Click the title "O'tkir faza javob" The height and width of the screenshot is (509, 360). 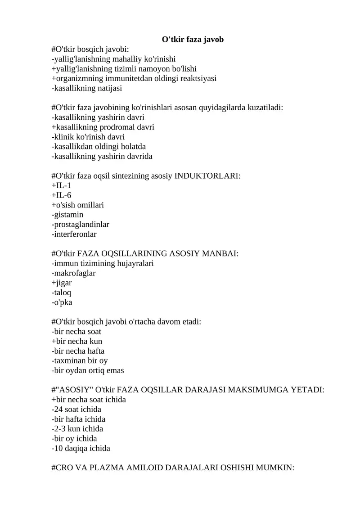[x=193, y=40]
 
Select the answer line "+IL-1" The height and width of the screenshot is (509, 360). [x=61, y=185]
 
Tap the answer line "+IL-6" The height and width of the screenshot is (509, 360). [x=62, y=195]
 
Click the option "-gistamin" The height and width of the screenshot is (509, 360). [x=67, y=215]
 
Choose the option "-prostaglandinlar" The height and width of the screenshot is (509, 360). [x=81, y=224]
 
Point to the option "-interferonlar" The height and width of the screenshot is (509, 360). [x=74, y=234]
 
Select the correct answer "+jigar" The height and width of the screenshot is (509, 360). [x=62, y=283]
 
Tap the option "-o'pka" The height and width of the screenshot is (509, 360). [x=62, y=302]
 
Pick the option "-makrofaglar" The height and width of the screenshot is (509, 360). [x=74, y=273]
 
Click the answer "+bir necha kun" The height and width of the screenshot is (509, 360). [x=77, y=341]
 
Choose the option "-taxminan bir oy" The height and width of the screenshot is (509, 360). [x=80, y=360]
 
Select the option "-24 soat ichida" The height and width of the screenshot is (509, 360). [x=76, y=409]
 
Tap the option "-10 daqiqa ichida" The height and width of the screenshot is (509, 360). [x=81, y=448]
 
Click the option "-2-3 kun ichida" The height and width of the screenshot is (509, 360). [x=77, y=428]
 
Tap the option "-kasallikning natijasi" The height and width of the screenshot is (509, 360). [x=87, y=88]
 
